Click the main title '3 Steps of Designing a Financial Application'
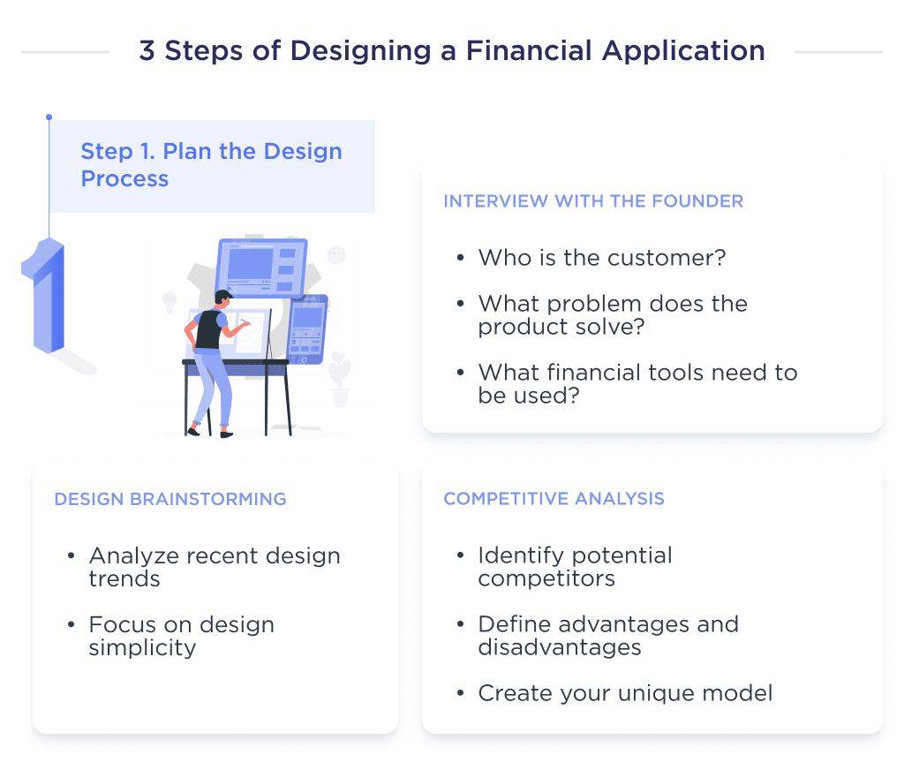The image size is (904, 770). pyautogui.click(x=451, y=51)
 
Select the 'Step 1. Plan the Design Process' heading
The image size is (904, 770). pyautogui.click(x=211, y=164)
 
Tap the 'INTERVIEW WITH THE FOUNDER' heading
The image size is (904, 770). pyautogui.click(x=593, y=201)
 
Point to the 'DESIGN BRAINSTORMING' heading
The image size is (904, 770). pyautogui.click(x=170, y=499)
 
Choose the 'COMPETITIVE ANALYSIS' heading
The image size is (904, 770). pyautogui.click(x=554, y=499)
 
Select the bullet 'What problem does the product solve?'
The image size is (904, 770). pyautogui.click(x=613, y=314)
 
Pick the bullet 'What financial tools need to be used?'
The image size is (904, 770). pyautogui.click(x=637, y=383)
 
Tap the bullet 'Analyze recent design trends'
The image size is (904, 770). pyautogui.click(x=215, y=567)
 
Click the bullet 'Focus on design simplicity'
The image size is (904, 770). pyautogui.click(x=181, y=636)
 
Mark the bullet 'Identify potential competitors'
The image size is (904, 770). pyautogui.click(x=575, y=567)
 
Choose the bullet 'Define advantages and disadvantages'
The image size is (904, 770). pyautogui.click(x=608, y=636)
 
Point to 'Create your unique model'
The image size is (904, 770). pyautogui.click(x=625, y=693)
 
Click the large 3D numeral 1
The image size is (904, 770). pyautogui.click(x=44, y=296)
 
